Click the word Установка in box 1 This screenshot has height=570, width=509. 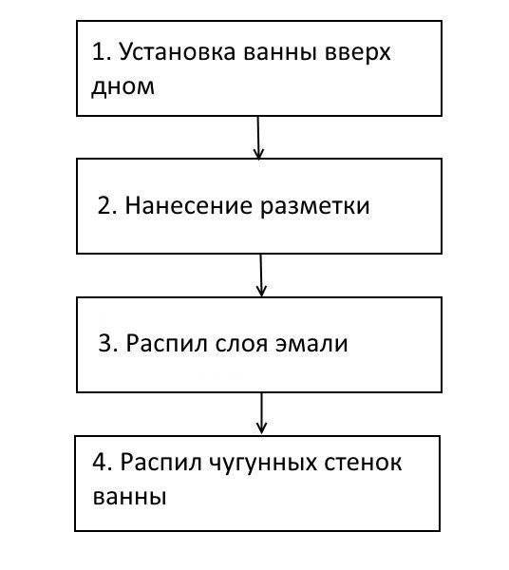(178, 53)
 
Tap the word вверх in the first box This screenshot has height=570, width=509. (357, 52)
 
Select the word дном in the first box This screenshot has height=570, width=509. (123, 88)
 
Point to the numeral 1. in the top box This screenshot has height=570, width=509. (103, 51)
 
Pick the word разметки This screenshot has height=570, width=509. (315, 207)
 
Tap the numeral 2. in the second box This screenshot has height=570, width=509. (107, 205)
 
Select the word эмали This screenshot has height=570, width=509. (311, 344)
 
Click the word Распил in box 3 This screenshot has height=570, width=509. (166, 343)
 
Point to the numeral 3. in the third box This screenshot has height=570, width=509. (108, 343)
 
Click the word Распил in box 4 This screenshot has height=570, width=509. (160, 463)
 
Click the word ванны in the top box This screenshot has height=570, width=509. (279, 52)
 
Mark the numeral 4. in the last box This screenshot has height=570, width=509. (103, 463)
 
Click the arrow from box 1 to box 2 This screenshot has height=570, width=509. (258, 138)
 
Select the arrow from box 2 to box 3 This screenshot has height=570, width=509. (261, 275)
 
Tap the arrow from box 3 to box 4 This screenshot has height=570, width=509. (261, 413)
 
